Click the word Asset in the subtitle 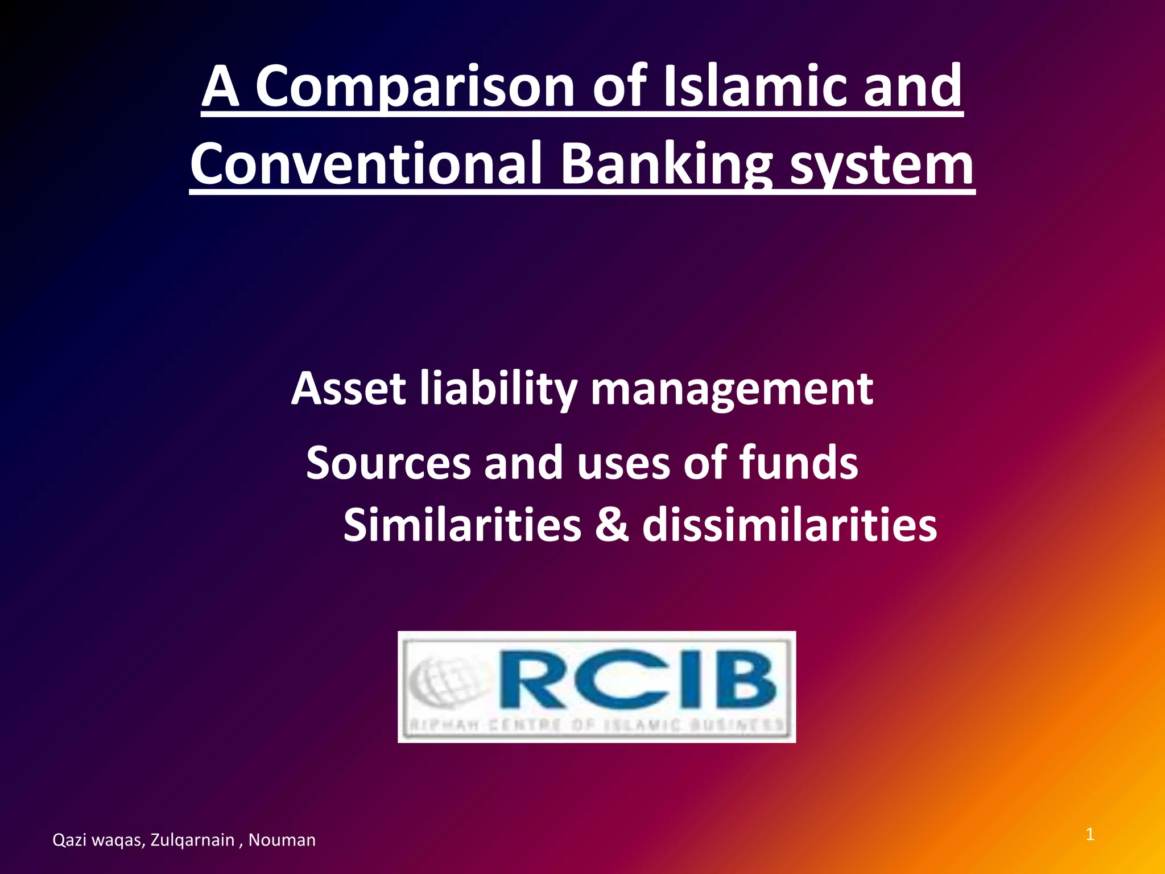coord(348,389)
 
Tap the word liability coord(498,389)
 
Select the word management coord(732,389)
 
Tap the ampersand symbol coord(612,524)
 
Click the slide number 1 coord(1090,835)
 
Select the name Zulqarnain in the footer coord(192,840)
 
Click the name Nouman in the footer coord(282,840)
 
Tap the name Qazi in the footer coord(68,840)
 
